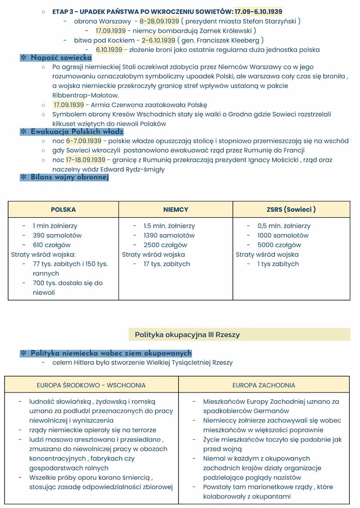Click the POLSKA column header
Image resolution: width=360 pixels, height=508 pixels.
click(x=63, y=209)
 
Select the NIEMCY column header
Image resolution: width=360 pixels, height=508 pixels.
click(x=176, y=209)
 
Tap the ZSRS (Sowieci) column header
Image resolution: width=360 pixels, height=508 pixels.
click(x=291, y=209)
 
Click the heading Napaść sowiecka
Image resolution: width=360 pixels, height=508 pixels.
click(x=61, y=58)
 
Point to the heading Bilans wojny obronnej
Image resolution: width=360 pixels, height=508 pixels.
click(x=69, y=177)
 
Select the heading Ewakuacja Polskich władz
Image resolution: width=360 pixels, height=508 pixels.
click(x=77, y=132)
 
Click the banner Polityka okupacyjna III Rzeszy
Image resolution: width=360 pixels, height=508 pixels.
click(x=187, y=335)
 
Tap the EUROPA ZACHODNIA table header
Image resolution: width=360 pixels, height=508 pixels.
click(x=263, y=385)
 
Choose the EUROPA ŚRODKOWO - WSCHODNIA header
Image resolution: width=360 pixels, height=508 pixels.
click(x=91, y=385)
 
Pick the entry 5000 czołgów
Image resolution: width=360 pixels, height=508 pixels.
click(x=279, y=245)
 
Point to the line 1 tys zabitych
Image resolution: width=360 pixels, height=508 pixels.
click(x=278, y=264)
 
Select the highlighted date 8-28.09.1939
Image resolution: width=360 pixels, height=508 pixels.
click(x=159, y=21)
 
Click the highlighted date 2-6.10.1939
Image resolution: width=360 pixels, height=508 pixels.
click(x=158, y=40)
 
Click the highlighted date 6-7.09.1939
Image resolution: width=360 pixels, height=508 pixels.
click(x=83, y=141)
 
